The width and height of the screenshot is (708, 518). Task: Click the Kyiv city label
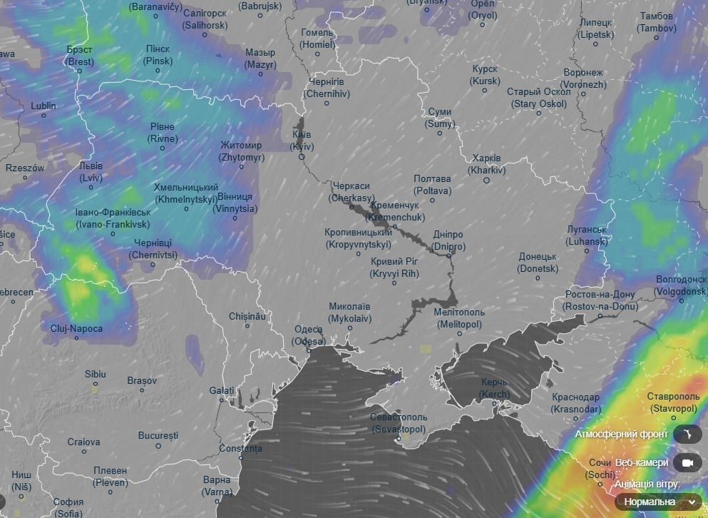point(302,141)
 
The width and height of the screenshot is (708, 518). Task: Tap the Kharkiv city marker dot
point(487,181)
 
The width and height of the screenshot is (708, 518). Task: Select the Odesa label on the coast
point(309,335)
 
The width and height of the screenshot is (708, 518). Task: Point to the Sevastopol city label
point(399,423)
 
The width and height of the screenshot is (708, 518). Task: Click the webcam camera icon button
point(687,463)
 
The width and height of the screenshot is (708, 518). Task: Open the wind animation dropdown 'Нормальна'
point(659,502)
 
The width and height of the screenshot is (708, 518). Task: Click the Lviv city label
point(91,171)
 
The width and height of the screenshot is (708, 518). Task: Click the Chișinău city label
point(247,315)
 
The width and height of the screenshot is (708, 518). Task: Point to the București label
point(158,435)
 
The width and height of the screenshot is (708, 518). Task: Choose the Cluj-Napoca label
point(76,329)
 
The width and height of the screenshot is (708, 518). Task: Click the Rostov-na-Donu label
point(600,300)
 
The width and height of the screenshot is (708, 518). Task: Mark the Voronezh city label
point(583,78)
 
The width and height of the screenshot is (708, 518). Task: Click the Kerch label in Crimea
point(494,389)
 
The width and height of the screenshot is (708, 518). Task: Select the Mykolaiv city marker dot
point(349,328)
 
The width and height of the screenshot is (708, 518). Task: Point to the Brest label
point(80,56)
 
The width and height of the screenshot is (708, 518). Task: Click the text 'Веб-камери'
point(642,463)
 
